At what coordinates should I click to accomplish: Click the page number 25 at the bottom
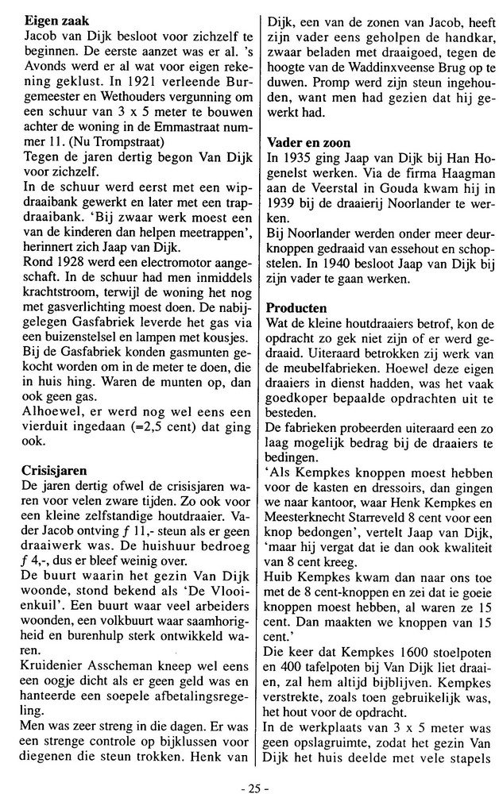[x=249, y=781]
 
